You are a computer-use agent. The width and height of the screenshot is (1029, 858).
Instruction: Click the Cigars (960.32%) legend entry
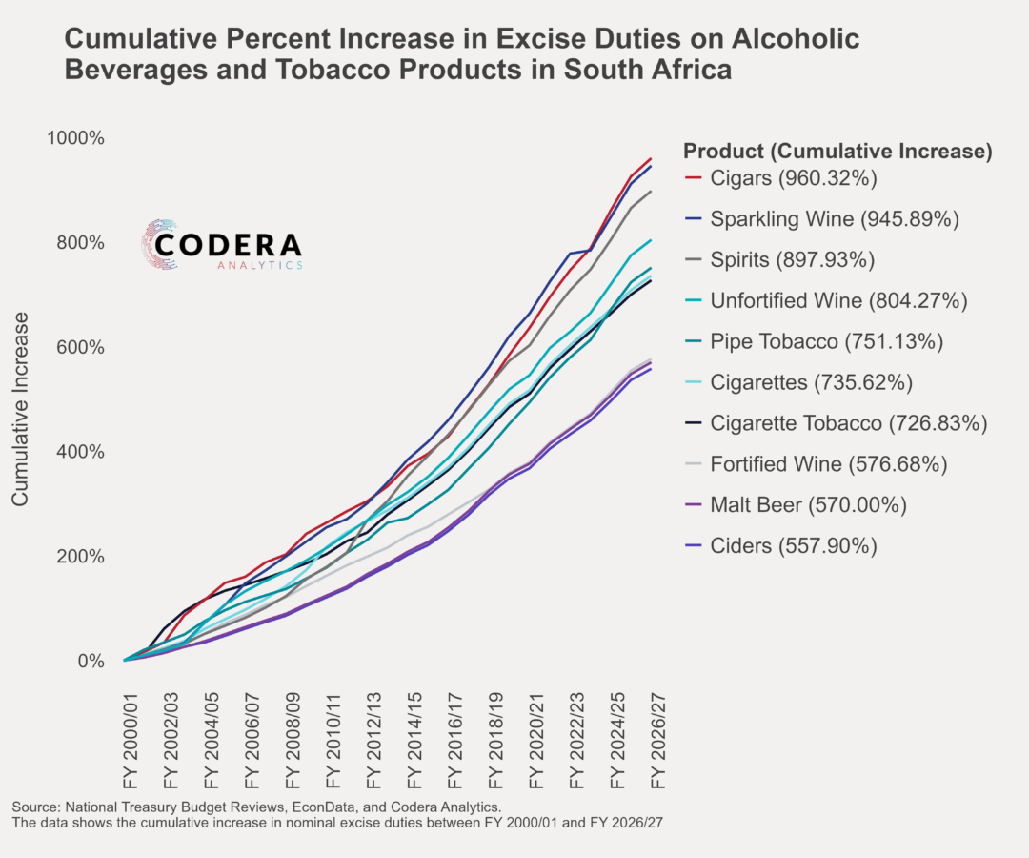tap(794, 178)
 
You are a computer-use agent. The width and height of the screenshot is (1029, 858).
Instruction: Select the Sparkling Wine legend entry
tap(835, 219)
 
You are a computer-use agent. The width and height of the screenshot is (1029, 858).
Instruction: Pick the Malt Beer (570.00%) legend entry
tap(808, 505)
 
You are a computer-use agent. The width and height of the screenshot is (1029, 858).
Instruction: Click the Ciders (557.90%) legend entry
tap(794, 546)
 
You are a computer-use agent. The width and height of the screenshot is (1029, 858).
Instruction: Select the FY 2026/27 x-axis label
tap(657, 734)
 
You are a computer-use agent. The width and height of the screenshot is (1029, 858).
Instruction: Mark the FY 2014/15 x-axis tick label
tap(414, 734)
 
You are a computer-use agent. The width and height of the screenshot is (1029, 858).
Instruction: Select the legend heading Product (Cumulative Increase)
tap(838, 151)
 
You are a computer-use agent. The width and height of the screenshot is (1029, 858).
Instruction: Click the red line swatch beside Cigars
tap(693, 178)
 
